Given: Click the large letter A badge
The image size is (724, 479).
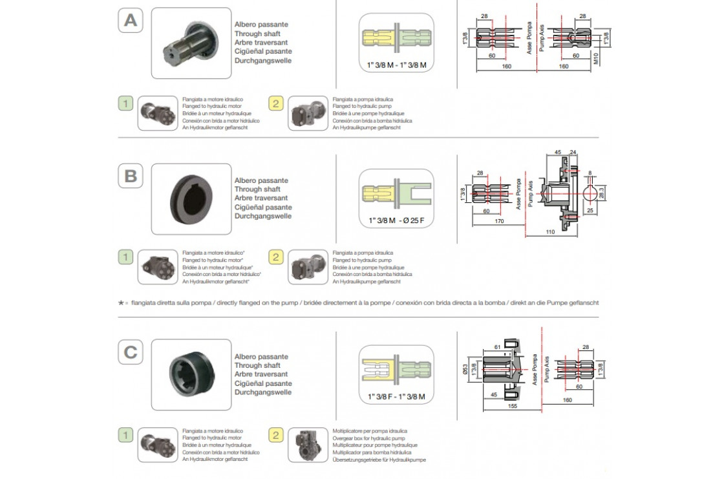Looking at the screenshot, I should (131, 21).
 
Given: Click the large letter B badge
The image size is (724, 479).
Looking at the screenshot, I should (131, 176).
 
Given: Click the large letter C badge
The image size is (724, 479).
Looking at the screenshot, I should (131, 352).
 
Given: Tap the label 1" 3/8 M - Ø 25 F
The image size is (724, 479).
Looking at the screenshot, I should (396, 220).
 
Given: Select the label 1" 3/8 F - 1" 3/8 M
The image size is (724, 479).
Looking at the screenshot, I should (396, 396).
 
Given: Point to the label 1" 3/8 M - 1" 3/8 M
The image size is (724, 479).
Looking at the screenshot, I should (396, 65).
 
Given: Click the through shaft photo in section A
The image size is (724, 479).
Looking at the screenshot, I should (191, 43).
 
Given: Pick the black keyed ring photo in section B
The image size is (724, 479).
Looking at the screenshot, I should (191, 198).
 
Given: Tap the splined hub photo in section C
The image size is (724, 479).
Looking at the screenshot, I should (191, 375).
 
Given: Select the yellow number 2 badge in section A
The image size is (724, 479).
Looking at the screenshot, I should (277, 103).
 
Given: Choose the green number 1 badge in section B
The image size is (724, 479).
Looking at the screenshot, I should (127, 257).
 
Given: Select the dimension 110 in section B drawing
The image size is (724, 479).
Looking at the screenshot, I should (550, 231).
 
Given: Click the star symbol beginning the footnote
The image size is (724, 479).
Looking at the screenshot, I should (121, 302).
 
